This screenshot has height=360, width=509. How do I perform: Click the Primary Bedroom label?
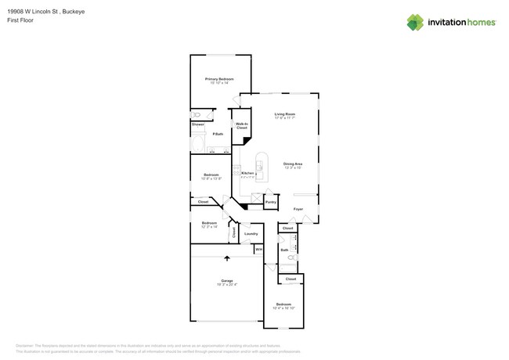[x=219, y=79]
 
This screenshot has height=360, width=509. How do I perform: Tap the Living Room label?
[x=284, y=115]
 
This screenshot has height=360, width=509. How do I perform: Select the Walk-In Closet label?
[x=242, y=125]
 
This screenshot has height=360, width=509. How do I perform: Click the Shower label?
[x=198, y=124]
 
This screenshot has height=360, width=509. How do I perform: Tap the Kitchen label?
[x=247, y=173]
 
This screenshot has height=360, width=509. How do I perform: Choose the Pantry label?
[x=270, y=203]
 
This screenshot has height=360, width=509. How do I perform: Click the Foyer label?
[x=298, y=209]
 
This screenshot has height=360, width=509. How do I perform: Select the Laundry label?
[x=251, y=233]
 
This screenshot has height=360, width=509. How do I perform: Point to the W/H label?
[x=258, y=250]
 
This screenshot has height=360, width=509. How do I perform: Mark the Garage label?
[x=226, y=280]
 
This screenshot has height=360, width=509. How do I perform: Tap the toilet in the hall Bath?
[x=292, y=257]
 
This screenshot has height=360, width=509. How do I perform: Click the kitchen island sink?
[x=260, y=165]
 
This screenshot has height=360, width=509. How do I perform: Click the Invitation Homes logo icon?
[x=415, y=22]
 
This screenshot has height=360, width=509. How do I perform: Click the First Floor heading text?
[x=28, y=20]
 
